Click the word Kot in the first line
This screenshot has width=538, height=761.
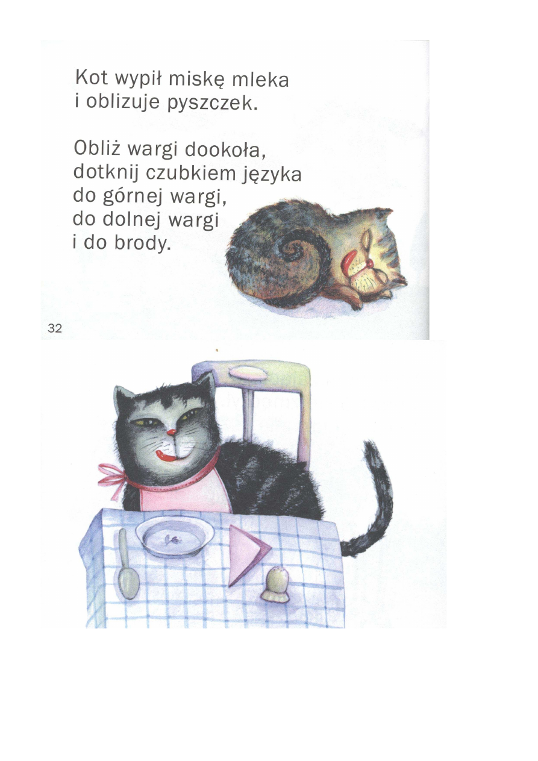click(92, 78)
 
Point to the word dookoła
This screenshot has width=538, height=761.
click(225, 149)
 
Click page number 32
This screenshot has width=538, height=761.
click(55, 328)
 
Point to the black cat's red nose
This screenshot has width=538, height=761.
click(172, 433)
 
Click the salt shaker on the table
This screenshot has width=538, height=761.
click(275, 589)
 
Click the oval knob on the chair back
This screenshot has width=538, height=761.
click(248, 372)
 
